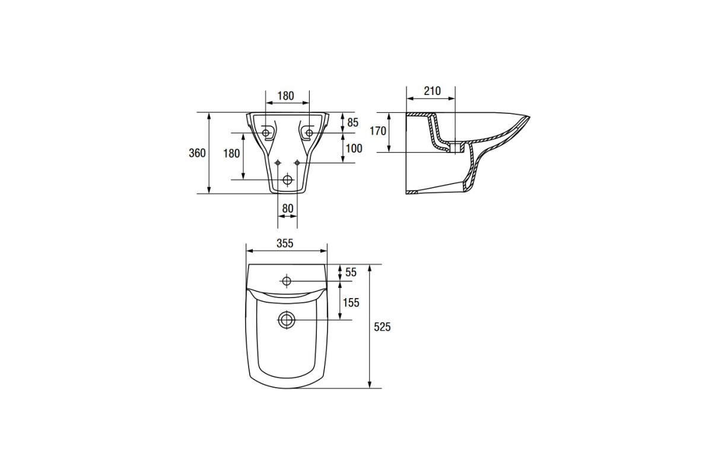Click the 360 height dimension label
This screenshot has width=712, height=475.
coord(197,153)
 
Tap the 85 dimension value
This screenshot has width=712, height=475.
coord(352,122)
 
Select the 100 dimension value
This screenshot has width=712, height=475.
coord(354,148)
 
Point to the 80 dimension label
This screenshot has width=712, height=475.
coord(288,208)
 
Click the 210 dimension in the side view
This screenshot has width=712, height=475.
coord(433,91)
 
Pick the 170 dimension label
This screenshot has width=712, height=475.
coord(378,131)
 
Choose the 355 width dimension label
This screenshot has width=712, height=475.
coord(285,243)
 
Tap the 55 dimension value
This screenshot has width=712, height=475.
coord(351,273)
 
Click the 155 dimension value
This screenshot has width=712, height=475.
coord(351,303)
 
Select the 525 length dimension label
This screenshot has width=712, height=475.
coord(382,327)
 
